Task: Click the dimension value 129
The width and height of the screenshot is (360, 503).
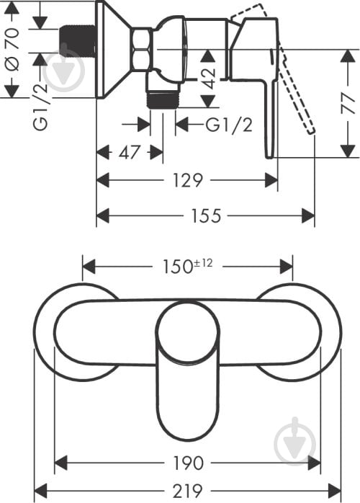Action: [x=188, y=180]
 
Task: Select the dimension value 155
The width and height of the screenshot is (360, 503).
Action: [x=206, y=215]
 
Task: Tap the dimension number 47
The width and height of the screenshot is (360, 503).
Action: [x=129, y=152]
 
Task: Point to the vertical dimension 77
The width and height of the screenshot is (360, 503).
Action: [x=348, y=103]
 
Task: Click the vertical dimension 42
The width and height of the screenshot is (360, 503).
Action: [x=208, y=79]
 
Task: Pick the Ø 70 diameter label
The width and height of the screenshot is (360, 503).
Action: [x=12, y=49]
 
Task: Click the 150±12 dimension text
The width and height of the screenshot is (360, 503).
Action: [x=188, y=266]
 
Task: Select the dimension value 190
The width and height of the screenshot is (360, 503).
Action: [x=188, y=463]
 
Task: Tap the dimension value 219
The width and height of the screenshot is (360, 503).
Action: [x=188, y=491]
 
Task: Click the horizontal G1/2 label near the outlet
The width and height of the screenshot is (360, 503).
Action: [x=228, y=125]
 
